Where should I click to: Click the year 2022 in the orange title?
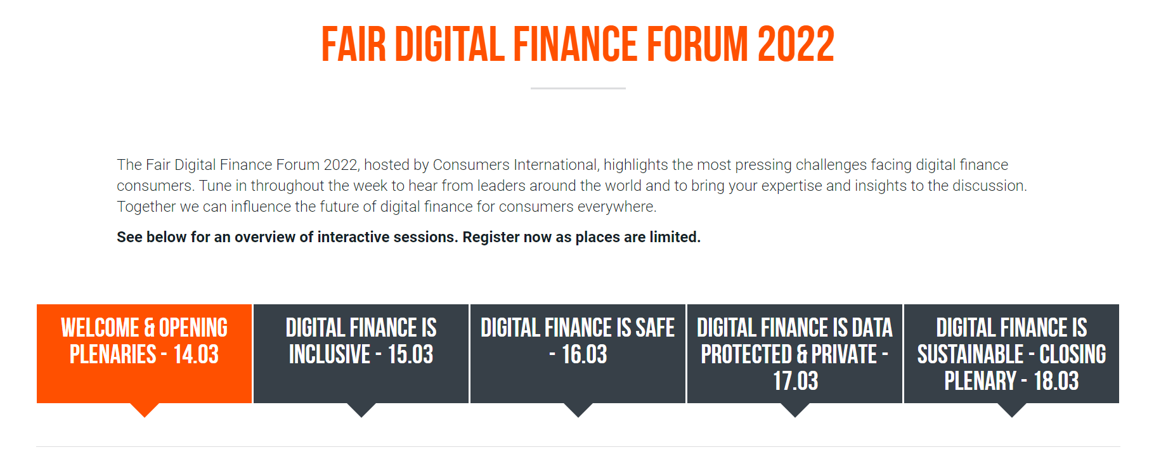(x=796, y=44)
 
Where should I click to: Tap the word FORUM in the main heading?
(x=697, y=44)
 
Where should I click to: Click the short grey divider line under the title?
(x=578, y=88)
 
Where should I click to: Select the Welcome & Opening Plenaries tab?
(x=145, y=354)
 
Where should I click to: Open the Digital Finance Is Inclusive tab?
(x=361, y=354)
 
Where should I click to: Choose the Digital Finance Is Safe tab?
(x=578, y=354)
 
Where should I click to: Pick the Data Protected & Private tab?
(x=795, y=354)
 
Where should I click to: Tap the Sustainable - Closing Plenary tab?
(x=1012, y=354)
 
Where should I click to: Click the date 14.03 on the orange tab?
(x=196, y=354)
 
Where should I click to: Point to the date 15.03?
(x=410, y=354)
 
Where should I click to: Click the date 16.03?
(x=585, y=354)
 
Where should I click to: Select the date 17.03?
(x=796, y=381)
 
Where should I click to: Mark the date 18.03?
(x=1056, y=381)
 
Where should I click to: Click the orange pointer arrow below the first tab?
(x=145, y=410)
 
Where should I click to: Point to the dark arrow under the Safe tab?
(x=578, y=410)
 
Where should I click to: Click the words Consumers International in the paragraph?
(x=515, y=165)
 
